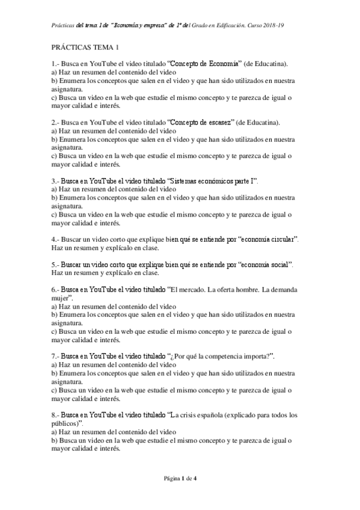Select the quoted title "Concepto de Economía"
[x=205, y=64]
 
